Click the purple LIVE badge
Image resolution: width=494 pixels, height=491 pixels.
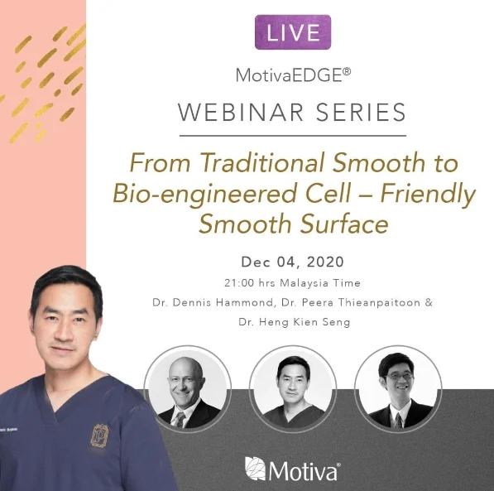293,32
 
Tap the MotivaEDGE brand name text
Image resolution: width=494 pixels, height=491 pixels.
293,75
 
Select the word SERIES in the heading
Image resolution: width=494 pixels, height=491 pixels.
361,113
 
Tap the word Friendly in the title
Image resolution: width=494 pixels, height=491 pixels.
428,193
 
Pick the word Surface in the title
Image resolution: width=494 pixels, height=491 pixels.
343,224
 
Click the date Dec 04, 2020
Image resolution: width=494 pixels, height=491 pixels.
292,262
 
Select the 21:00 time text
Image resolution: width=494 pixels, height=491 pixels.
239,283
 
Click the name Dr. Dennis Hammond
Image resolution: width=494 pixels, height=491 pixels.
213,302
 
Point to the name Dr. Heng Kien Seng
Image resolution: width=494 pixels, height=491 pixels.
295,322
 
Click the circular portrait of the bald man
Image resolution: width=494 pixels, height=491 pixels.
188,389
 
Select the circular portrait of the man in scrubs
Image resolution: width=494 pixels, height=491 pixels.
293,389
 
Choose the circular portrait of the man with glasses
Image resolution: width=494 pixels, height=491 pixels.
398,389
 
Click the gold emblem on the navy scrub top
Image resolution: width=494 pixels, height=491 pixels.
99,436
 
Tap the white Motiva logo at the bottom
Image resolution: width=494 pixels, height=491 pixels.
292,469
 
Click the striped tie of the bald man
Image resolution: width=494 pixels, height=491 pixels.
180,420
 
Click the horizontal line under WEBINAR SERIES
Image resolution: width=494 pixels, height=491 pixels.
293,136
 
